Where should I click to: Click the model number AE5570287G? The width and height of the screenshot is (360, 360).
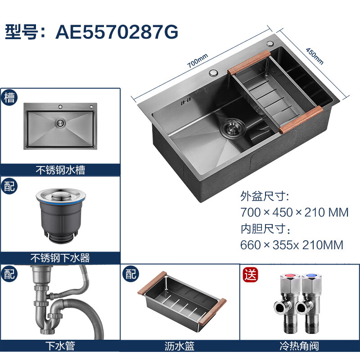click(117, 31)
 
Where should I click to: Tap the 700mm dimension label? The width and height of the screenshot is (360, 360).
click(198, 61)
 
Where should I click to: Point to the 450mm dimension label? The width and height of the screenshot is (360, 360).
click(315, 56)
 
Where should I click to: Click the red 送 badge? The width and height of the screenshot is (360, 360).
click(250, 274)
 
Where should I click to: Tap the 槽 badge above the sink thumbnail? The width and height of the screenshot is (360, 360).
click(9, 97)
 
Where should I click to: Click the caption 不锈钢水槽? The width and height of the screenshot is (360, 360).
click(60, 170)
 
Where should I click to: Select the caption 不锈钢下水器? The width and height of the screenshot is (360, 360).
click(60, 258)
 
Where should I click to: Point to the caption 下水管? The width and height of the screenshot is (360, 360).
click(60, 346)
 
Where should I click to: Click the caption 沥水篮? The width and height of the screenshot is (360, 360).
click(180, 346)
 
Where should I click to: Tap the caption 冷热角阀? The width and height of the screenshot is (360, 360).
click(299, 346)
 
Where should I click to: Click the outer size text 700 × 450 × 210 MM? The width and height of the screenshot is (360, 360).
click(294, 212)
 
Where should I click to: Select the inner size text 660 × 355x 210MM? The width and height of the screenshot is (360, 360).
click(292, 245)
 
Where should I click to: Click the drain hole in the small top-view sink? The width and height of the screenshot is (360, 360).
click(60, 123)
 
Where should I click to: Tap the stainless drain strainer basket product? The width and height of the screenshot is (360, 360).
click(61, 216)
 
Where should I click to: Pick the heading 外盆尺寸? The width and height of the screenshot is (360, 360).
click(265, 196)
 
